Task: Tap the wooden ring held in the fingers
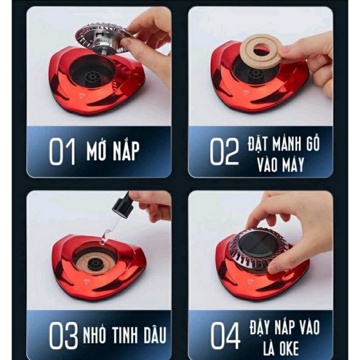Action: click(x=260, y=51)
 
